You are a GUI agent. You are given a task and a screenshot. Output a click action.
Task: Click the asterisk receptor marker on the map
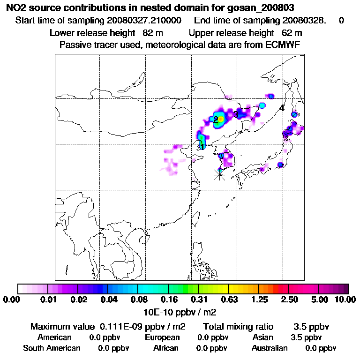219,174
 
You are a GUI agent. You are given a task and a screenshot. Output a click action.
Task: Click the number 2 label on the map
215,120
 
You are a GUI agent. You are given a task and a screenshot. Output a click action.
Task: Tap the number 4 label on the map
281,108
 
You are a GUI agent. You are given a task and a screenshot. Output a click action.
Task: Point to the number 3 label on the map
236,114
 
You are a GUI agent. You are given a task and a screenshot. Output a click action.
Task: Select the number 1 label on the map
202,146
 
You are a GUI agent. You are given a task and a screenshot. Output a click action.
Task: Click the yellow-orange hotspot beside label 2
221,119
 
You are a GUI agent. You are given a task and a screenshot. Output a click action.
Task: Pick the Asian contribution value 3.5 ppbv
306,337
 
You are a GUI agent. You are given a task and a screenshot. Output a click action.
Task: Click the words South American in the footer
52,348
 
